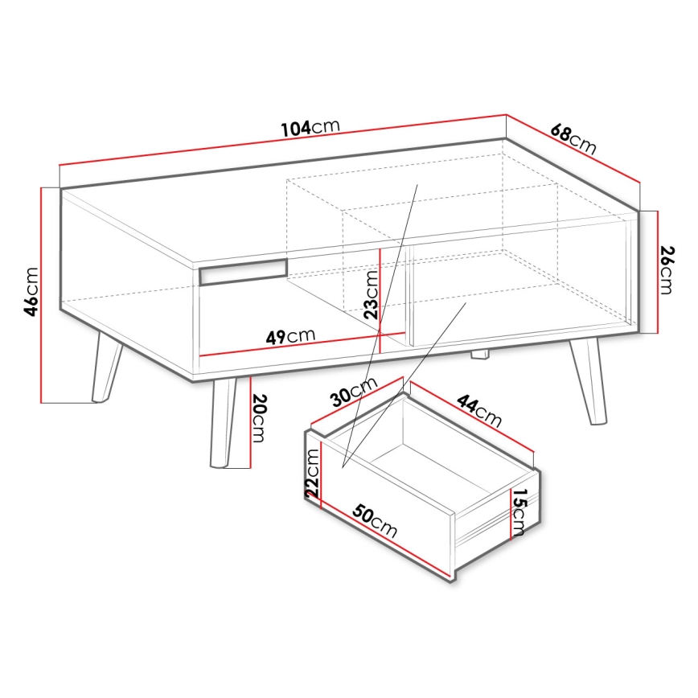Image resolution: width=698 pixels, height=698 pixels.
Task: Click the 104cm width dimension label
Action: [x=310, y=128]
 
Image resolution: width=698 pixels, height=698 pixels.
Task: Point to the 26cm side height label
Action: [x=667, y=270]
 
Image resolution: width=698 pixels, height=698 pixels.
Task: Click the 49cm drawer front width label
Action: [x=290, y=335]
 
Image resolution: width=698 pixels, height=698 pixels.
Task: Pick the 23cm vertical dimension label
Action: [x=369, y=294]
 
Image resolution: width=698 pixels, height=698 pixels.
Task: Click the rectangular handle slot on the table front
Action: [x=242, y=272]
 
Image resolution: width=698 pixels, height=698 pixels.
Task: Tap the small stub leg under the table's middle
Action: [x=479, y=353]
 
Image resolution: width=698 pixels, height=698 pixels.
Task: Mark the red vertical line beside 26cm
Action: [x=658, y=272]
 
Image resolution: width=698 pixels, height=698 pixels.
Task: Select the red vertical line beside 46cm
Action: [x=41, y=294]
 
